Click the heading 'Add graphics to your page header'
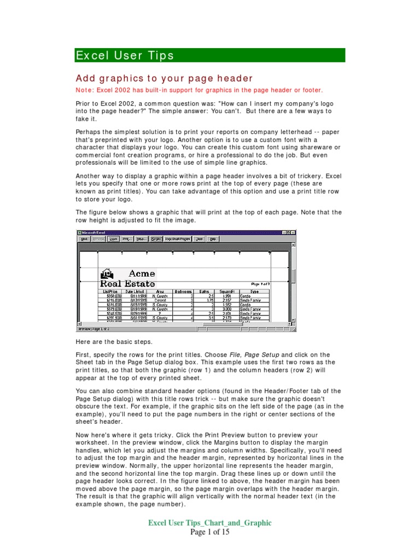pyautogui.click(x=164, y=78)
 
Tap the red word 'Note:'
pyautogui.click(x=85, y=90)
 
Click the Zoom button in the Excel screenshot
pyautogui.click(x=113, y=239)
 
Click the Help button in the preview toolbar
pyautogui.click(x=213, y=239)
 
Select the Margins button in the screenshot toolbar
pyautogui.click(x=156, y=239)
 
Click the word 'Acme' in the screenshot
pyautogui.click(x=142, y=273)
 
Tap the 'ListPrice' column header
pyautogui.click(x=110, y=291)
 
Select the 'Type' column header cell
pyautogui.click(x=254, y=291)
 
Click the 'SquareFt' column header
pyautogui.click(x=226, y=291)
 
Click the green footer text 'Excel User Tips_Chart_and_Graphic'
pyautogui.click(x=210, y=523)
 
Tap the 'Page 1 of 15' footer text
pyautogui.click(x=210, y=532)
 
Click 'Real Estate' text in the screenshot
pyautogui.click(x=127, y=284)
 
